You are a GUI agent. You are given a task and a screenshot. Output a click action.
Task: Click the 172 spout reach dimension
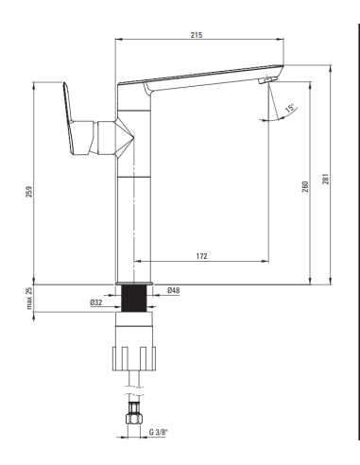tap(202, 255)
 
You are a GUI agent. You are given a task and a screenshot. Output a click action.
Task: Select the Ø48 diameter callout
tap(173, 290)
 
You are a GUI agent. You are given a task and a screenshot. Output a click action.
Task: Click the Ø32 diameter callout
tap(96, 302)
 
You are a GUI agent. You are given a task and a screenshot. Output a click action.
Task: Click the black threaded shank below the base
tap(132, 301)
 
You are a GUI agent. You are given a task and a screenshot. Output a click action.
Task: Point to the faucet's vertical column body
tap(132, 217)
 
